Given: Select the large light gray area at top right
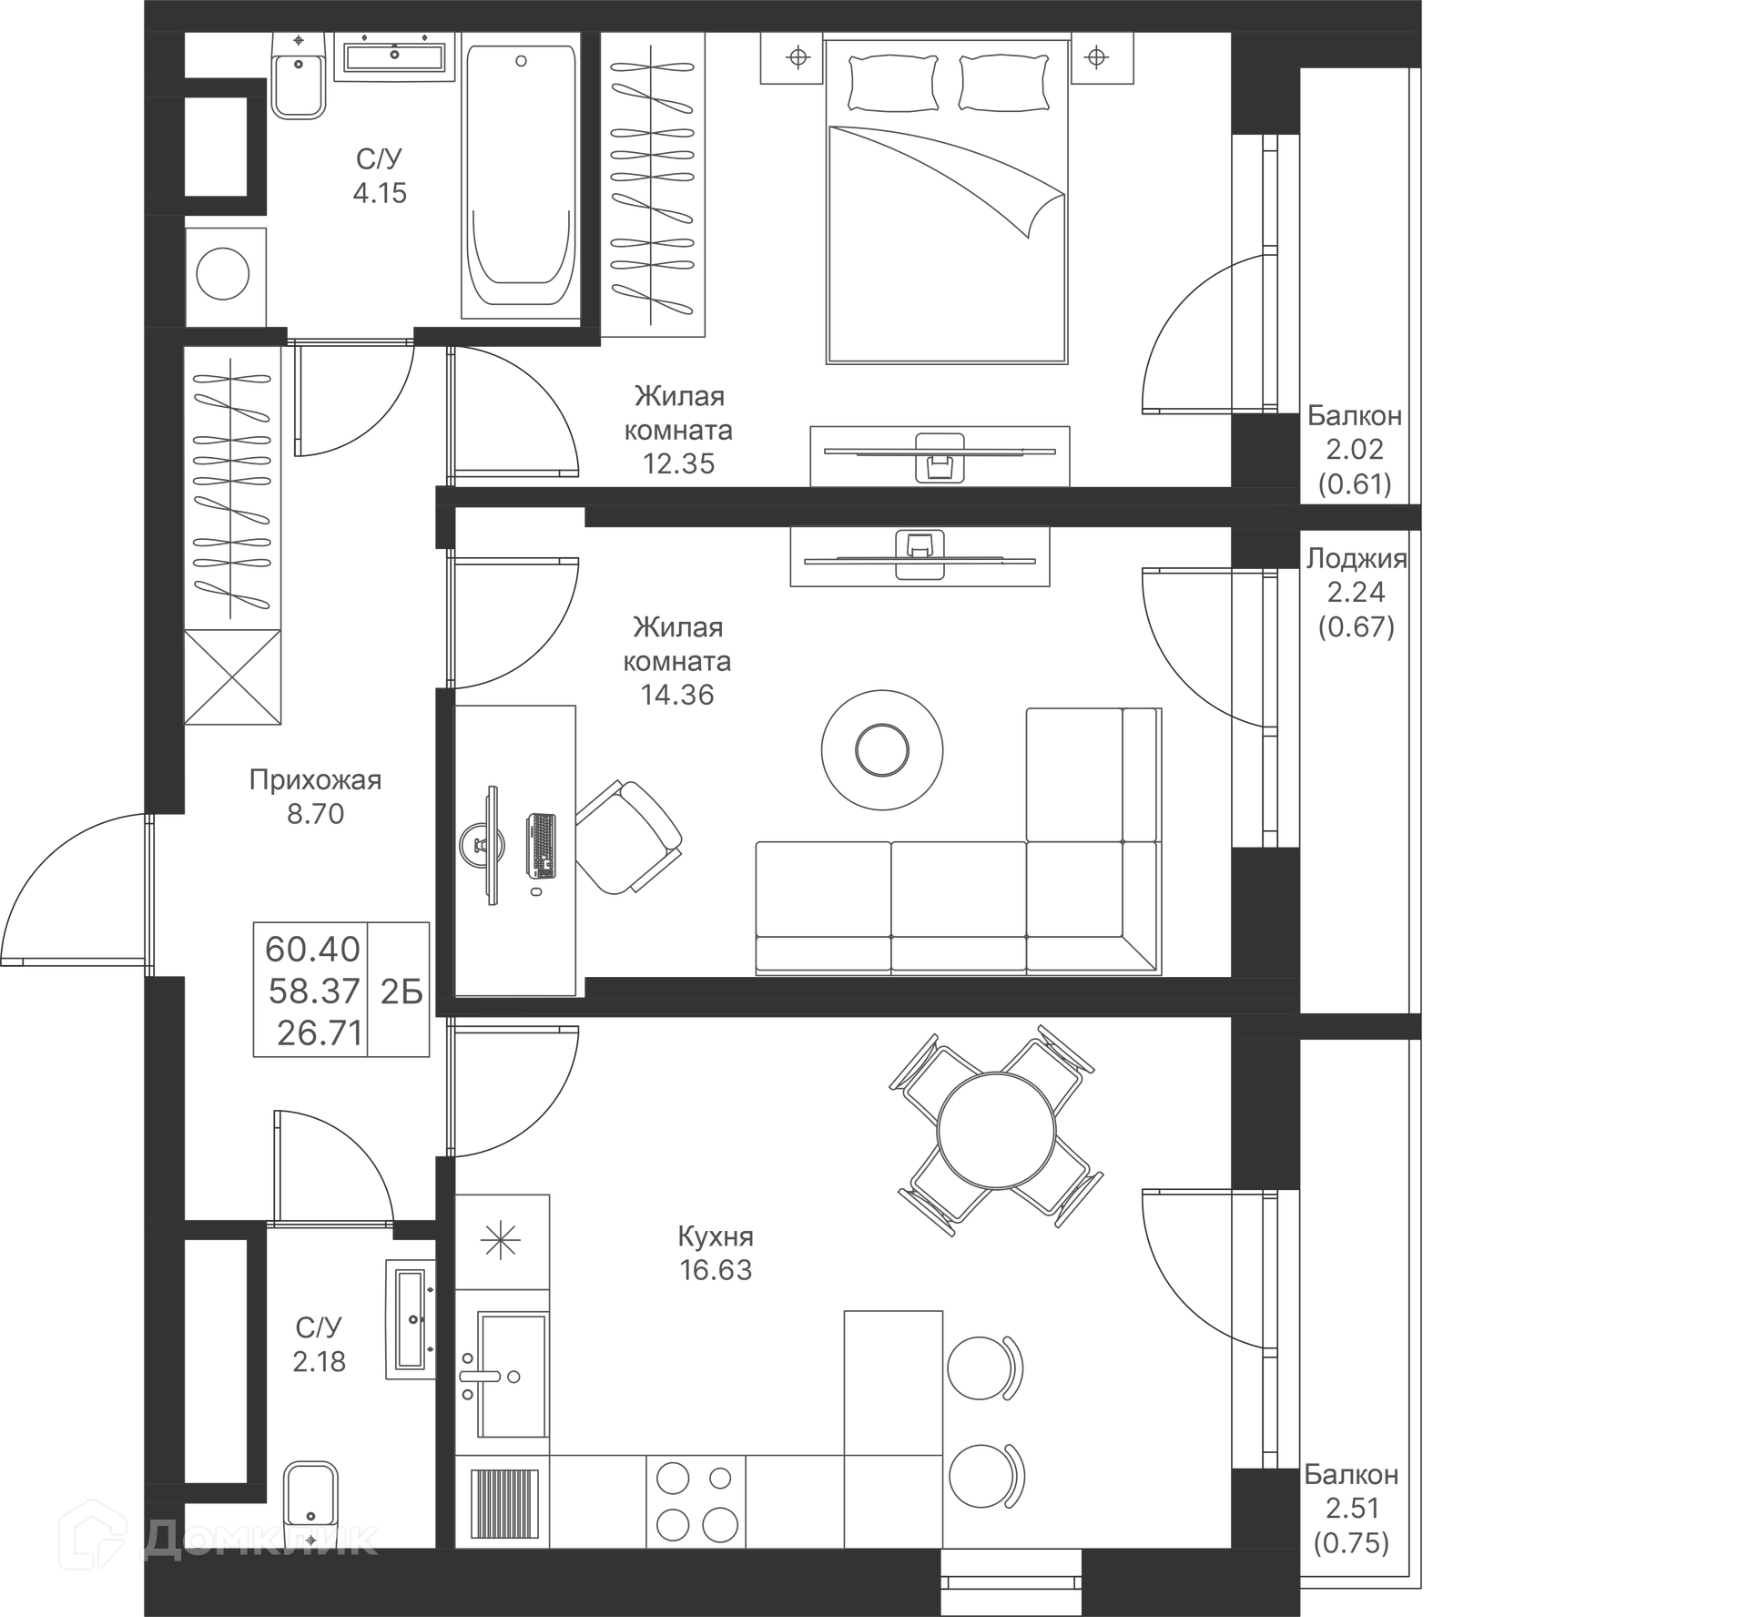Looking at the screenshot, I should pyautogui.click(x=874, y=255).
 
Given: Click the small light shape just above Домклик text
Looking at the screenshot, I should pyautogui.click(x=332, y=1457).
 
